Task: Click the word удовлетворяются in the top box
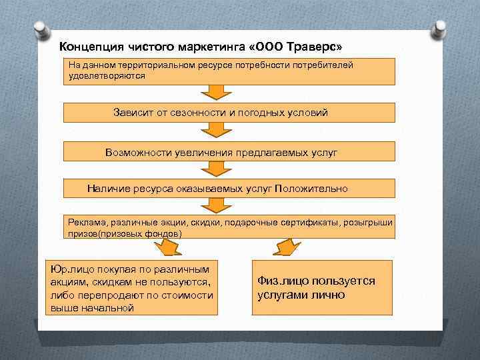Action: [x=107, y=76]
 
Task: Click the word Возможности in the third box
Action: [x=139, y=152]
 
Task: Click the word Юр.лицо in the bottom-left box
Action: [x=71, y=269]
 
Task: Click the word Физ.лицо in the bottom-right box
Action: [x=282, y=281]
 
